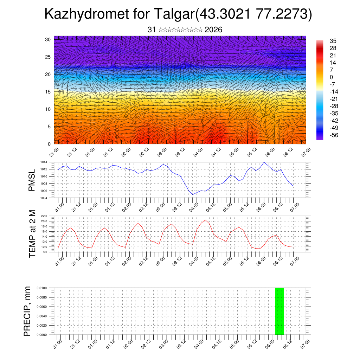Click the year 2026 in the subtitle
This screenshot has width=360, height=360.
213,30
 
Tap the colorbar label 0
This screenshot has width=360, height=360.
330,77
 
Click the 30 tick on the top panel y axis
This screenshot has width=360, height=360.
48,39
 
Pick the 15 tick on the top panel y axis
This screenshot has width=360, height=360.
48,92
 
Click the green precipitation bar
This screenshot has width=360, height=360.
279,311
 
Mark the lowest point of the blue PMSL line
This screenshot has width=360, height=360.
193,194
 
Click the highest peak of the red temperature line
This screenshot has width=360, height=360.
205,220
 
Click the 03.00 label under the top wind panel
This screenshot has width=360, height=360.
162,152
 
